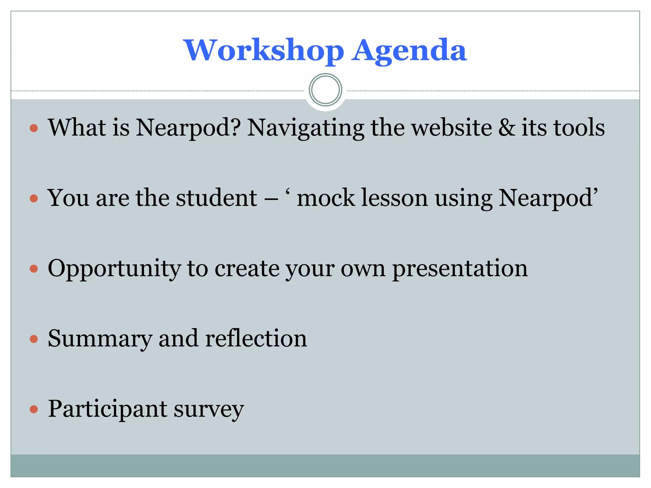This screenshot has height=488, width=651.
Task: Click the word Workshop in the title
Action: pos(264,51)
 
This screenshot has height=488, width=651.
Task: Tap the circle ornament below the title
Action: pos(325,90)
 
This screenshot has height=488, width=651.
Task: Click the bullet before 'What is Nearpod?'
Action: pos(34,128)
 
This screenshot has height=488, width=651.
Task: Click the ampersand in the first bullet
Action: pos(507,128)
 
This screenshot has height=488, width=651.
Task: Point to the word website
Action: pos(451,128)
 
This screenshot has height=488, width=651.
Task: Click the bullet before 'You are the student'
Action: pos(34,199)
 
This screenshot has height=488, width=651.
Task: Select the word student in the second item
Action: pos(216,198)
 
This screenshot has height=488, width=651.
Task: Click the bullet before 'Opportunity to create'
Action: pos(34,269)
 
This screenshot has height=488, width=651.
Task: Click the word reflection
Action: pos(256,339)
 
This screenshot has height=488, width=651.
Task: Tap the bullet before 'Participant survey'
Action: pos(34,409)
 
